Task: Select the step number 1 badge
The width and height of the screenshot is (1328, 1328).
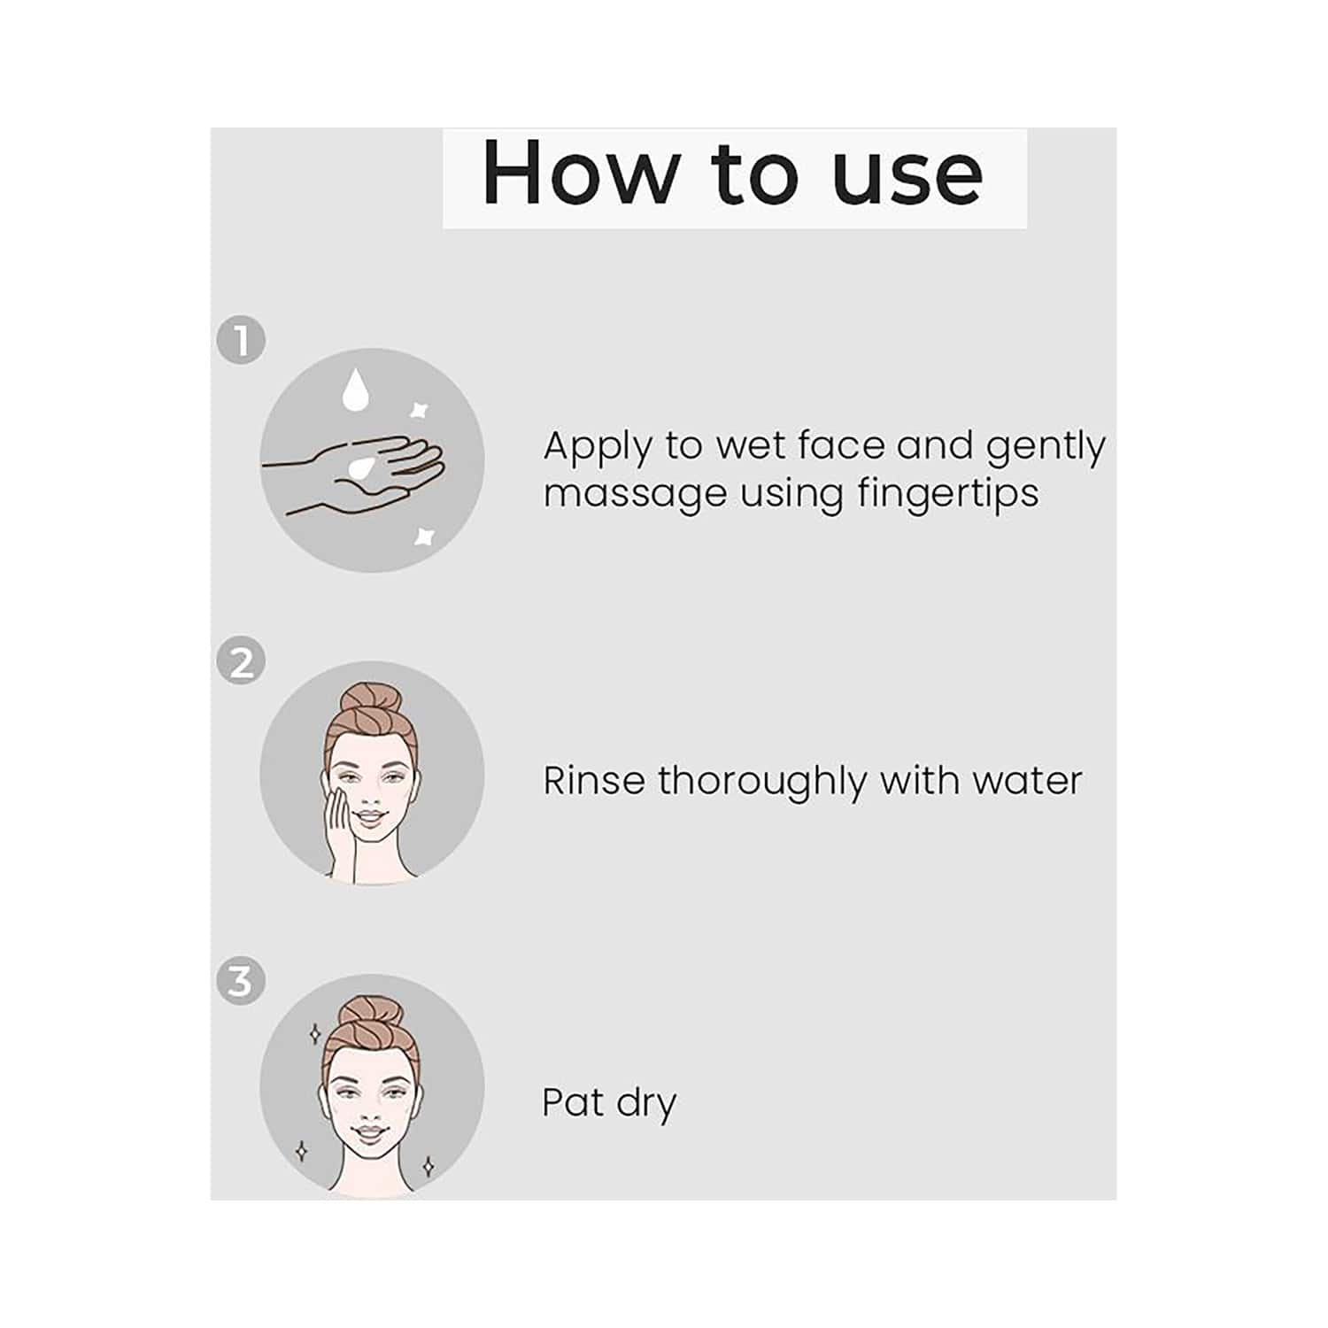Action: tap(241, 340)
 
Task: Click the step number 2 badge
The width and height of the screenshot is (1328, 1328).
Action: tap(241, 661)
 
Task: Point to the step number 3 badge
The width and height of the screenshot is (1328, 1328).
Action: tap(241, 981)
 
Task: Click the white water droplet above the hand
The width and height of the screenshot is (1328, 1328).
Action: tap(355, 390)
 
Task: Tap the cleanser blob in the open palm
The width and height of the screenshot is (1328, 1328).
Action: tap(362, 467)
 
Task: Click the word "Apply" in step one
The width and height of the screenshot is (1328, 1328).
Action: tap(598, 447)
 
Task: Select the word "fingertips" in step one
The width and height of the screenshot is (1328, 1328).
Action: tap(948, 494)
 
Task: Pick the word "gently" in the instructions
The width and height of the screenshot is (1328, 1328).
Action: tap(1046, 447)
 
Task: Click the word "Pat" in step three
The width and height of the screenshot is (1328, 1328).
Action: tap(573, 1102)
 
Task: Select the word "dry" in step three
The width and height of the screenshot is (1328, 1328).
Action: tap(646, 1105)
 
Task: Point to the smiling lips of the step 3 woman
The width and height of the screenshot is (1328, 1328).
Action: tap(370, 1132)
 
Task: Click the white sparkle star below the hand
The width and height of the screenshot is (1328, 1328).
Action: tap(425, 536)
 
